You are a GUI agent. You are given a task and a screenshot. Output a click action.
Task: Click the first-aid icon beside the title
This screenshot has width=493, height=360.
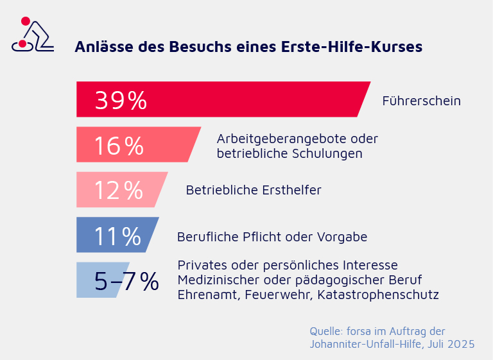tap(32, 35)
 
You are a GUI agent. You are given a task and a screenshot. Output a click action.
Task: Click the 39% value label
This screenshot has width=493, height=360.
tap(121, 100)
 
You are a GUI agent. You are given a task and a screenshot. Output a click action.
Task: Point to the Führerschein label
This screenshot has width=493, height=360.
tap(421, 101)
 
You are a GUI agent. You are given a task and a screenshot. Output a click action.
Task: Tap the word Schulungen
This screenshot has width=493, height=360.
tap(327, 153)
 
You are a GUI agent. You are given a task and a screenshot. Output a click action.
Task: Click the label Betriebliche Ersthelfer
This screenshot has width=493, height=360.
tap(253, 190)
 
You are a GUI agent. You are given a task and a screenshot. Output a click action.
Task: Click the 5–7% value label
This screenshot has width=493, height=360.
tap(126, 281)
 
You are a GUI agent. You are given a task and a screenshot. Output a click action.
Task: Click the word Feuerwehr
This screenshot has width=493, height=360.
tap(267, 295)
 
